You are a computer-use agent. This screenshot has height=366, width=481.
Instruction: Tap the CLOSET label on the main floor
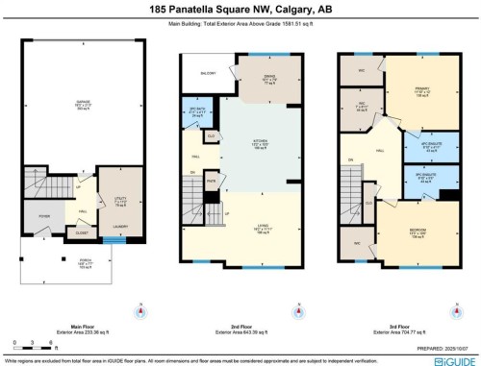(x=84, y=232)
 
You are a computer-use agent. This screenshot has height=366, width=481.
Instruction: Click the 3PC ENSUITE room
(x=402, y=178)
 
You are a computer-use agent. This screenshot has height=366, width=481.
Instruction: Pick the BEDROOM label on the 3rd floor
(x=418, y=232)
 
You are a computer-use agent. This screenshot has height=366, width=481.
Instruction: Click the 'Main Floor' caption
(x=81, y=326)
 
